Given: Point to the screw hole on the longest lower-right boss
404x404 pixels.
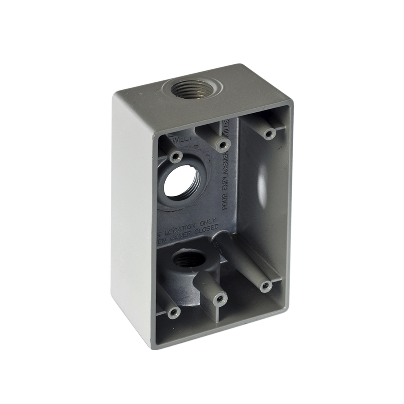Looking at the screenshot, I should click(x=265, y=286).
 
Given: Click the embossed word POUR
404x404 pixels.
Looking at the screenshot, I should click(x=226, y=201).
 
